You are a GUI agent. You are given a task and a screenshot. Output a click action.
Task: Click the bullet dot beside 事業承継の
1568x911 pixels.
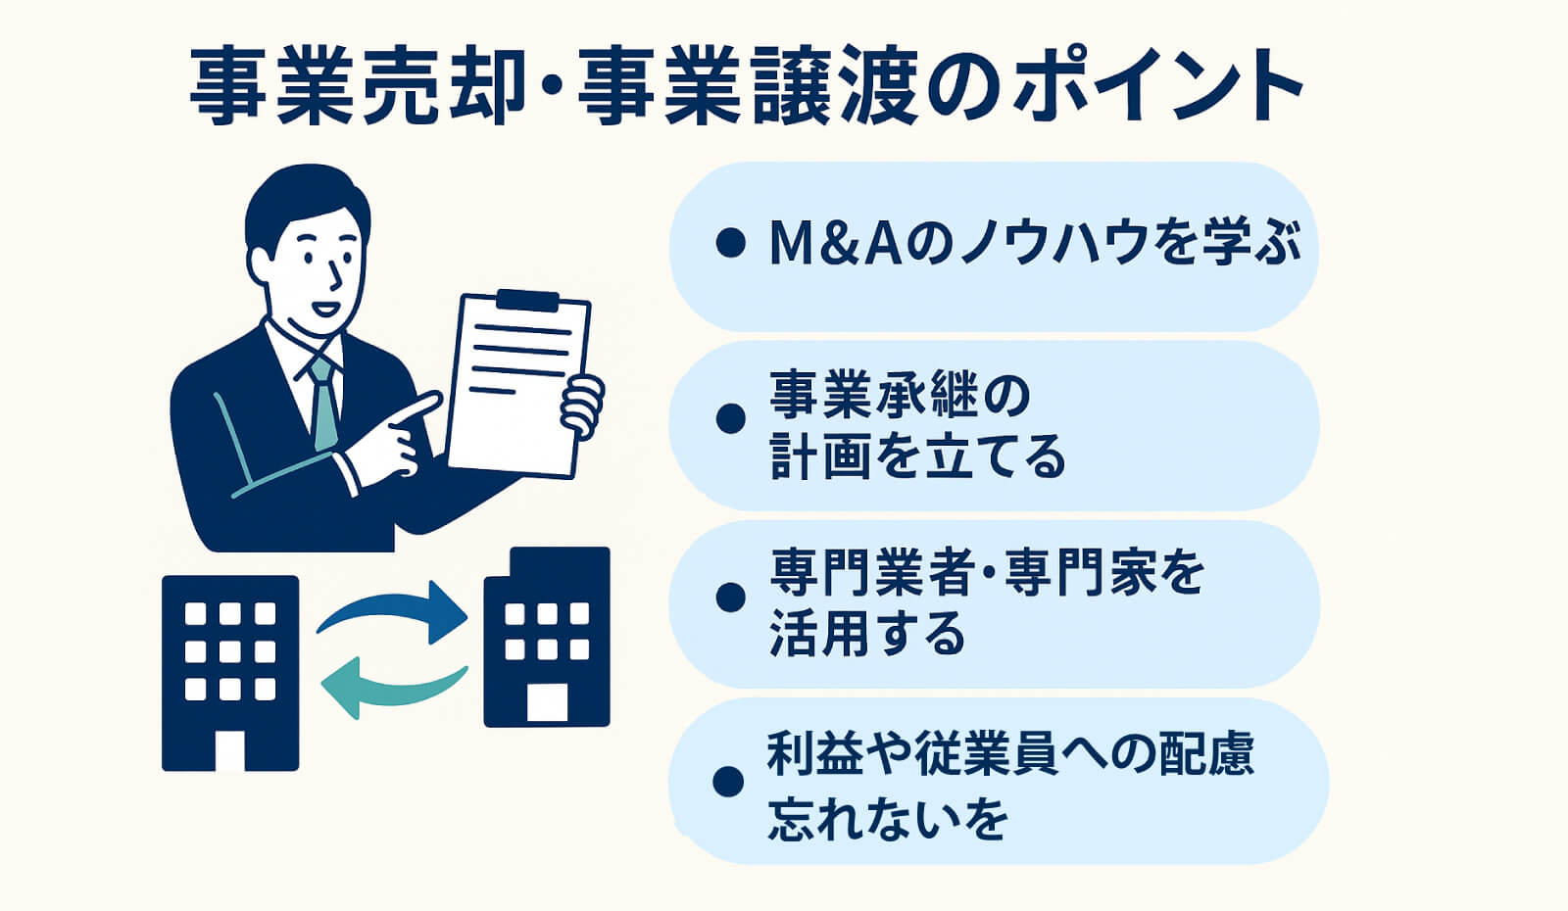(730, 418)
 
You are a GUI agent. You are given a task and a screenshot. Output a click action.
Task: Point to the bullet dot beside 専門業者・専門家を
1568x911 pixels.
(730, 599)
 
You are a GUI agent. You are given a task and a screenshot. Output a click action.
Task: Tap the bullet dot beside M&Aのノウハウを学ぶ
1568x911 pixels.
(730, 243)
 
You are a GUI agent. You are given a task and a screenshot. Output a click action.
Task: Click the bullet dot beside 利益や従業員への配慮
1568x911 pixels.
(728, 782)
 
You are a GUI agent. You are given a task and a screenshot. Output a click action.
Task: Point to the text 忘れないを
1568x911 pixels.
(888, 817)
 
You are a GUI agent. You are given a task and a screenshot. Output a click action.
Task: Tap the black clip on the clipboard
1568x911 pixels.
(528, 301)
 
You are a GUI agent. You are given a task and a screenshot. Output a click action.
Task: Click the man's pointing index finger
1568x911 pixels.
(416, 408)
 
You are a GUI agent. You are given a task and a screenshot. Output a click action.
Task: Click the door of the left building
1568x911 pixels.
(230, 750)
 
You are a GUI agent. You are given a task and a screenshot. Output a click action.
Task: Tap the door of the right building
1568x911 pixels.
(547, 701)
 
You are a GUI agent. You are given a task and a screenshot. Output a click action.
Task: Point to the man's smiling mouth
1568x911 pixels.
(323, 308)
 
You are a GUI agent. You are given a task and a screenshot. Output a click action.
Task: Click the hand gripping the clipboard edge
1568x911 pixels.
(582, 407)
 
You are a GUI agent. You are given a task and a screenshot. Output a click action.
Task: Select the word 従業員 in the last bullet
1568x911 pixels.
(984, 753)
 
